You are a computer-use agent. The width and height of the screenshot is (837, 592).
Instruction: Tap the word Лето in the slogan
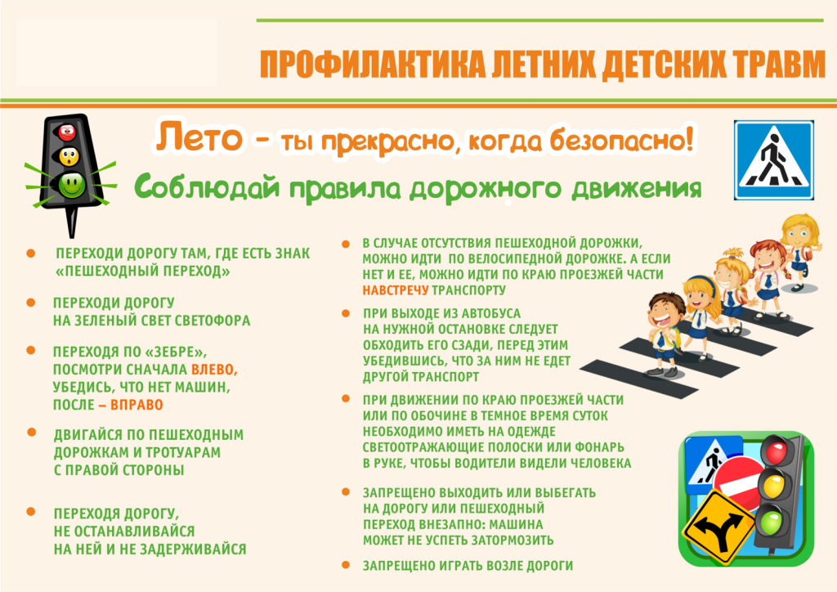[199, 137]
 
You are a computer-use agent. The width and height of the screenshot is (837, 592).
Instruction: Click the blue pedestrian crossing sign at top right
[773, 160]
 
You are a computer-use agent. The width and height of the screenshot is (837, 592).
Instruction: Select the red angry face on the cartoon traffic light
[67, 132]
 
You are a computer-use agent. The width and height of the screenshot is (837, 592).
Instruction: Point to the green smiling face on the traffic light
[72, 185]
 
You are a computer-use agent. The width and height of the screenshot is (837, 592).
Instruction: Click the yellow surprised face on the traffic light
[69, 156]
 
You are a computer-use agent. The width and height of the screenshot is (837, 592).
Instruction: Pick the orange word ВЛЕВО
[214, 370]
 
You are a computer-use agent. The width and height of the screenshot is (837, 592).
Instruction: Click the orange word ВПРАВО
[137, 405]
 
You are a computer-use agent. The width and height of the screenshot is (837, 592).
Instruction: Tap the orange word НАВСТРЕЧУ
[396, 290]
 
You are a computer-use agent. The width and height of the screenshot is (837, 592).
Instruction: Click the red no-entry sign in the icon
[738, 484]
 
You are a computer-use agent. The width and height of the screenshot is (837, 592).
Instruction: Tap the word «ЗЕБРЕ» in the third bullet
[176, 352]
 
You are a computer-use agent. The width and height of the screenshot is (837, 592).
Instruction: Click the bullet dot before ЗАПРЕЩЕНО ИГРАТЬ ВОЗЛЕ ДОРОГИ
[346, 564]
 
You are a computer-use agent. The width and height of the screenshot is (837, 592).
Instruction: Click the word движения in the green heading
[636, 188]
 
